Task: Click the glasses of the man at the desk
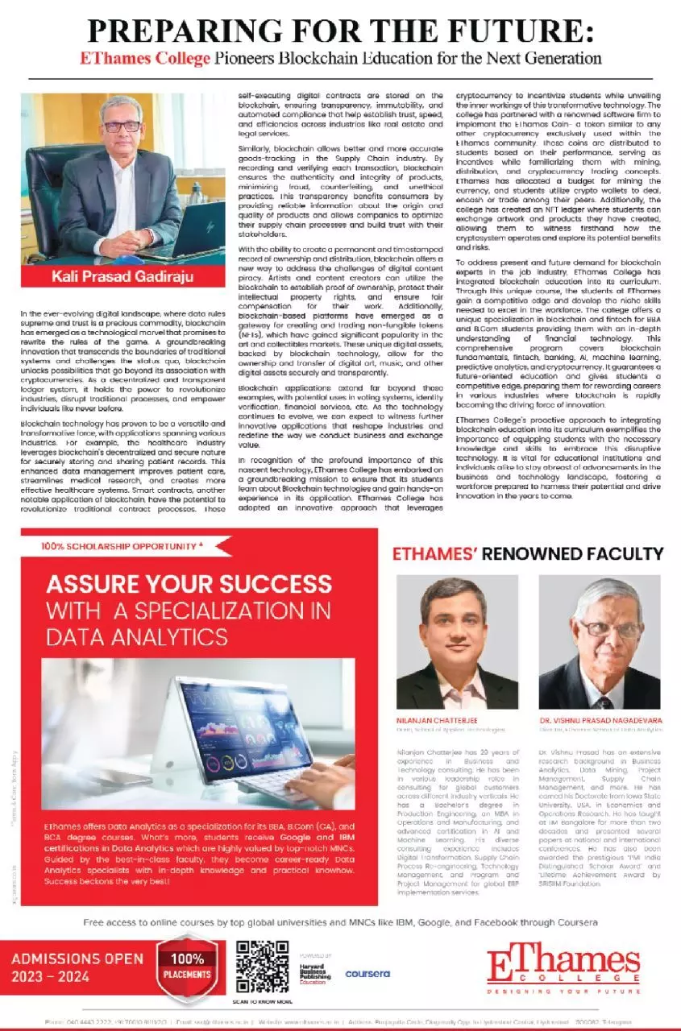point(121,126)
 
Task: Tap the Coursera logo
point(367,974)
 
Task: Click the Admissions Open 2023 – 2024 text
point(77,967)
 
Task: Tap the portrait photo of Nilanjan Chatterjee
point(457,642)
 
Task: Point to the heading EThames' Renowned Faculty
point(527,553)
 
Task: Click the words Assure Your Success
point(189,584)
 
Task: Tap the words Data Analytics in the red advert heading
point(136,636)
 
